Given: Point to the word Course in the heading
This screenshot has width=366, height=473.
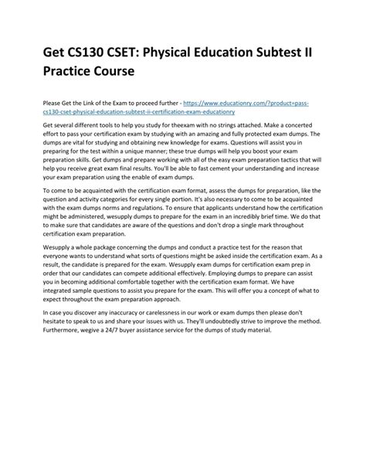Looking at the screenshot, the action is point(111,73).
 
